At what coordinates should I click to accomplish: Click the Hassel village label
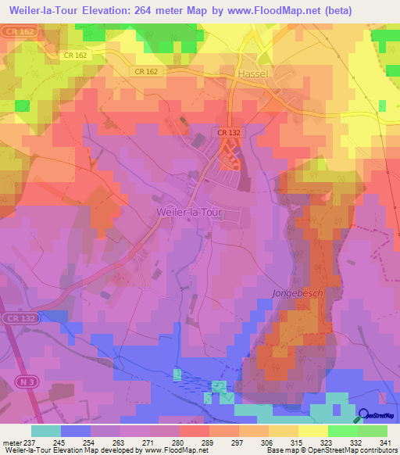point(252,71)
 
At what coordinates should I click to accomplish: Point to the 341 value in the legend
point(386,442)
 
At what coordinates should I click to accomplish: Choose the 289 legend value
point(187,442)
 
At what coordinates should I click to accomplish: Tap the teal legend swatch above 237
point(46,431)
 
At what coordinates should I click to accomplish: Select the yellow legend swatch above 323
point(313,431)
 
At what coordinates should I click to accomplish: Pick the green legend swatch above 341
point(373,431)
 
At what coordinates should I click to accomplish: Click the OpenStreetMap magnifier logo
point(364,415)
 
